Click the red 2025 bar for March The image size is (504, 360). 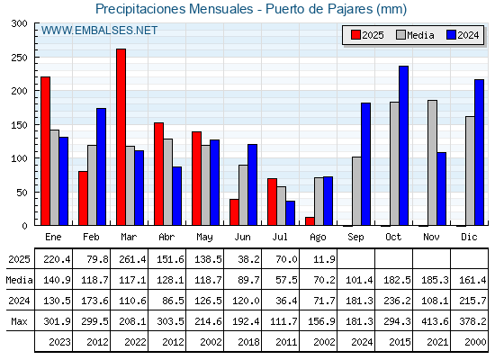click(x=121, y=137)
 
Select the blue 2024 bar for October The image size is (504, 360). click(x=404, y=146)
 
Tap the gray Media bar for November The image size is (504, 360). click(x=432, y=163)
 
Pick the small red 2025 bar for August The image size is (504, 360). click(x=310, y=221)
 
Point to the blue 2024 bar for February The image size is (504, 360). click(x=101, y=166)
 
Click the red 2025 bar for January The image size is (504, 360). click(x=46, y=151)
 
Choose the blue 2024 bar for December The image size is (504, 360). click(x=479, y=152)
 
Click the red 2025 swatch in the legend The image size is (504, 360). click(x=355, y=35)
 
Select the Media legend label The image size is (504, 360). click(x=420, y=35)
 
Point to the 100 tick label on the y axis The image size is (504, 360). click(x=20, y=158)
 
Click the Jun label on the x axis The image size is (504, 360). click(x=242, y=238)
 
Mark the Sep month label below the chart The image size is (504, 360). click(x=355, y=238)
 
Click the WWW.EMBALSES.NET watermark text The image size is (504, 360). click(x=99, y=31)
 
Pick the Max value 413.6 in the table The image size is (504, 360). click(x=435, y=321)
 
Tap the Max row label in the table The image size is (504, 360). click(x=19, y=321)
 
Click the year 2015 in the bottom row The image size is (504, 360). click(x=400, y=342)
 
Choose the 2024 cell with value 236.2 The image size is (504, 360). click(x=397, y=301)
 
